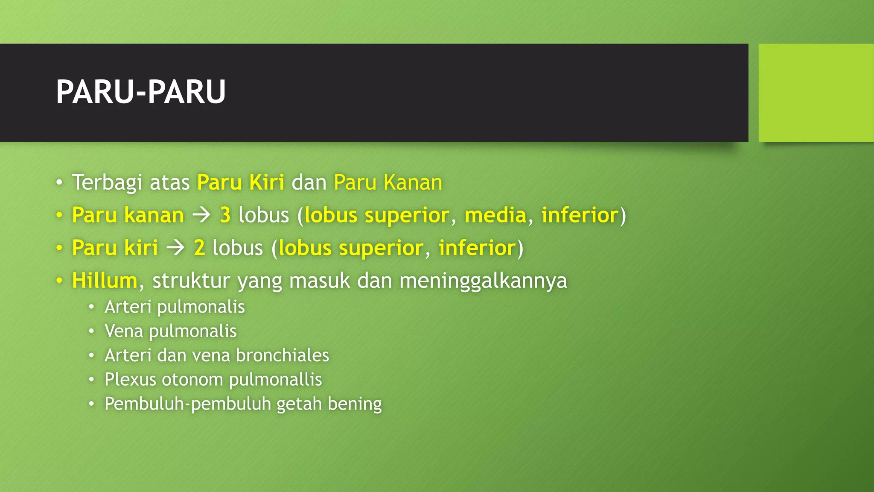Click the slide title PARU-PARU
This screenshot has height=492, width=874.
click(140, 92)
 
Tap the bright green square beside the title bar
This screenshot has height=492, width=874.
click(816, 93)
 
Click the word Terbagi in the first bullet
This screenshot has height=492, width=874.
click(107, 182)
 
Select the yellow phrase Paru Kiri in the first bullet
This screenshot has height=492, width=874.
click(241, 182)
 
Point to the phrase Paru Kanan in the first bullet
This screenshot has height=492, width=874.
click(388, 182)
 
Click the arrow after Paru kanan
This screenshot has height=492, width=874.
click(201, 215)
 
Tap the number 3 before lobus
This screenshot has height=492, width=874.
click(225, 215)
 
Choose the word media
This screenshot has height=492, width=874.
click(495, 215)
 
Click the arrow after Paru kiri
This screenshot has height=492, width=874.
click(175, 248)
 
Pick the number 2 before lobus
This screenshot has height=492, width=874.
click(199, 248)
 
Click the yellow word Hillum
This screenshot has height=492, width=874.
click(105, 281)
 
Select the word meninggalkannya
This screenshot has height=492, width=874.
click(483, 281)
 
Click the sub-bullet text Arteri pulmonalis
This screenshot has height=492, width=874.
click(175, 307)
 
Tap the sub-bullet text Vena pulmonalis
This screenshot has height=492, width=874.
click(170, 331)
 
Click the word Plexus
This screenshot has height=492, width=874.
click(130, 380)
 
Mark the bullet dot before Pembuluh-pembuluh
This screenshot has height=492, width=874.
click(91, 404)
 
